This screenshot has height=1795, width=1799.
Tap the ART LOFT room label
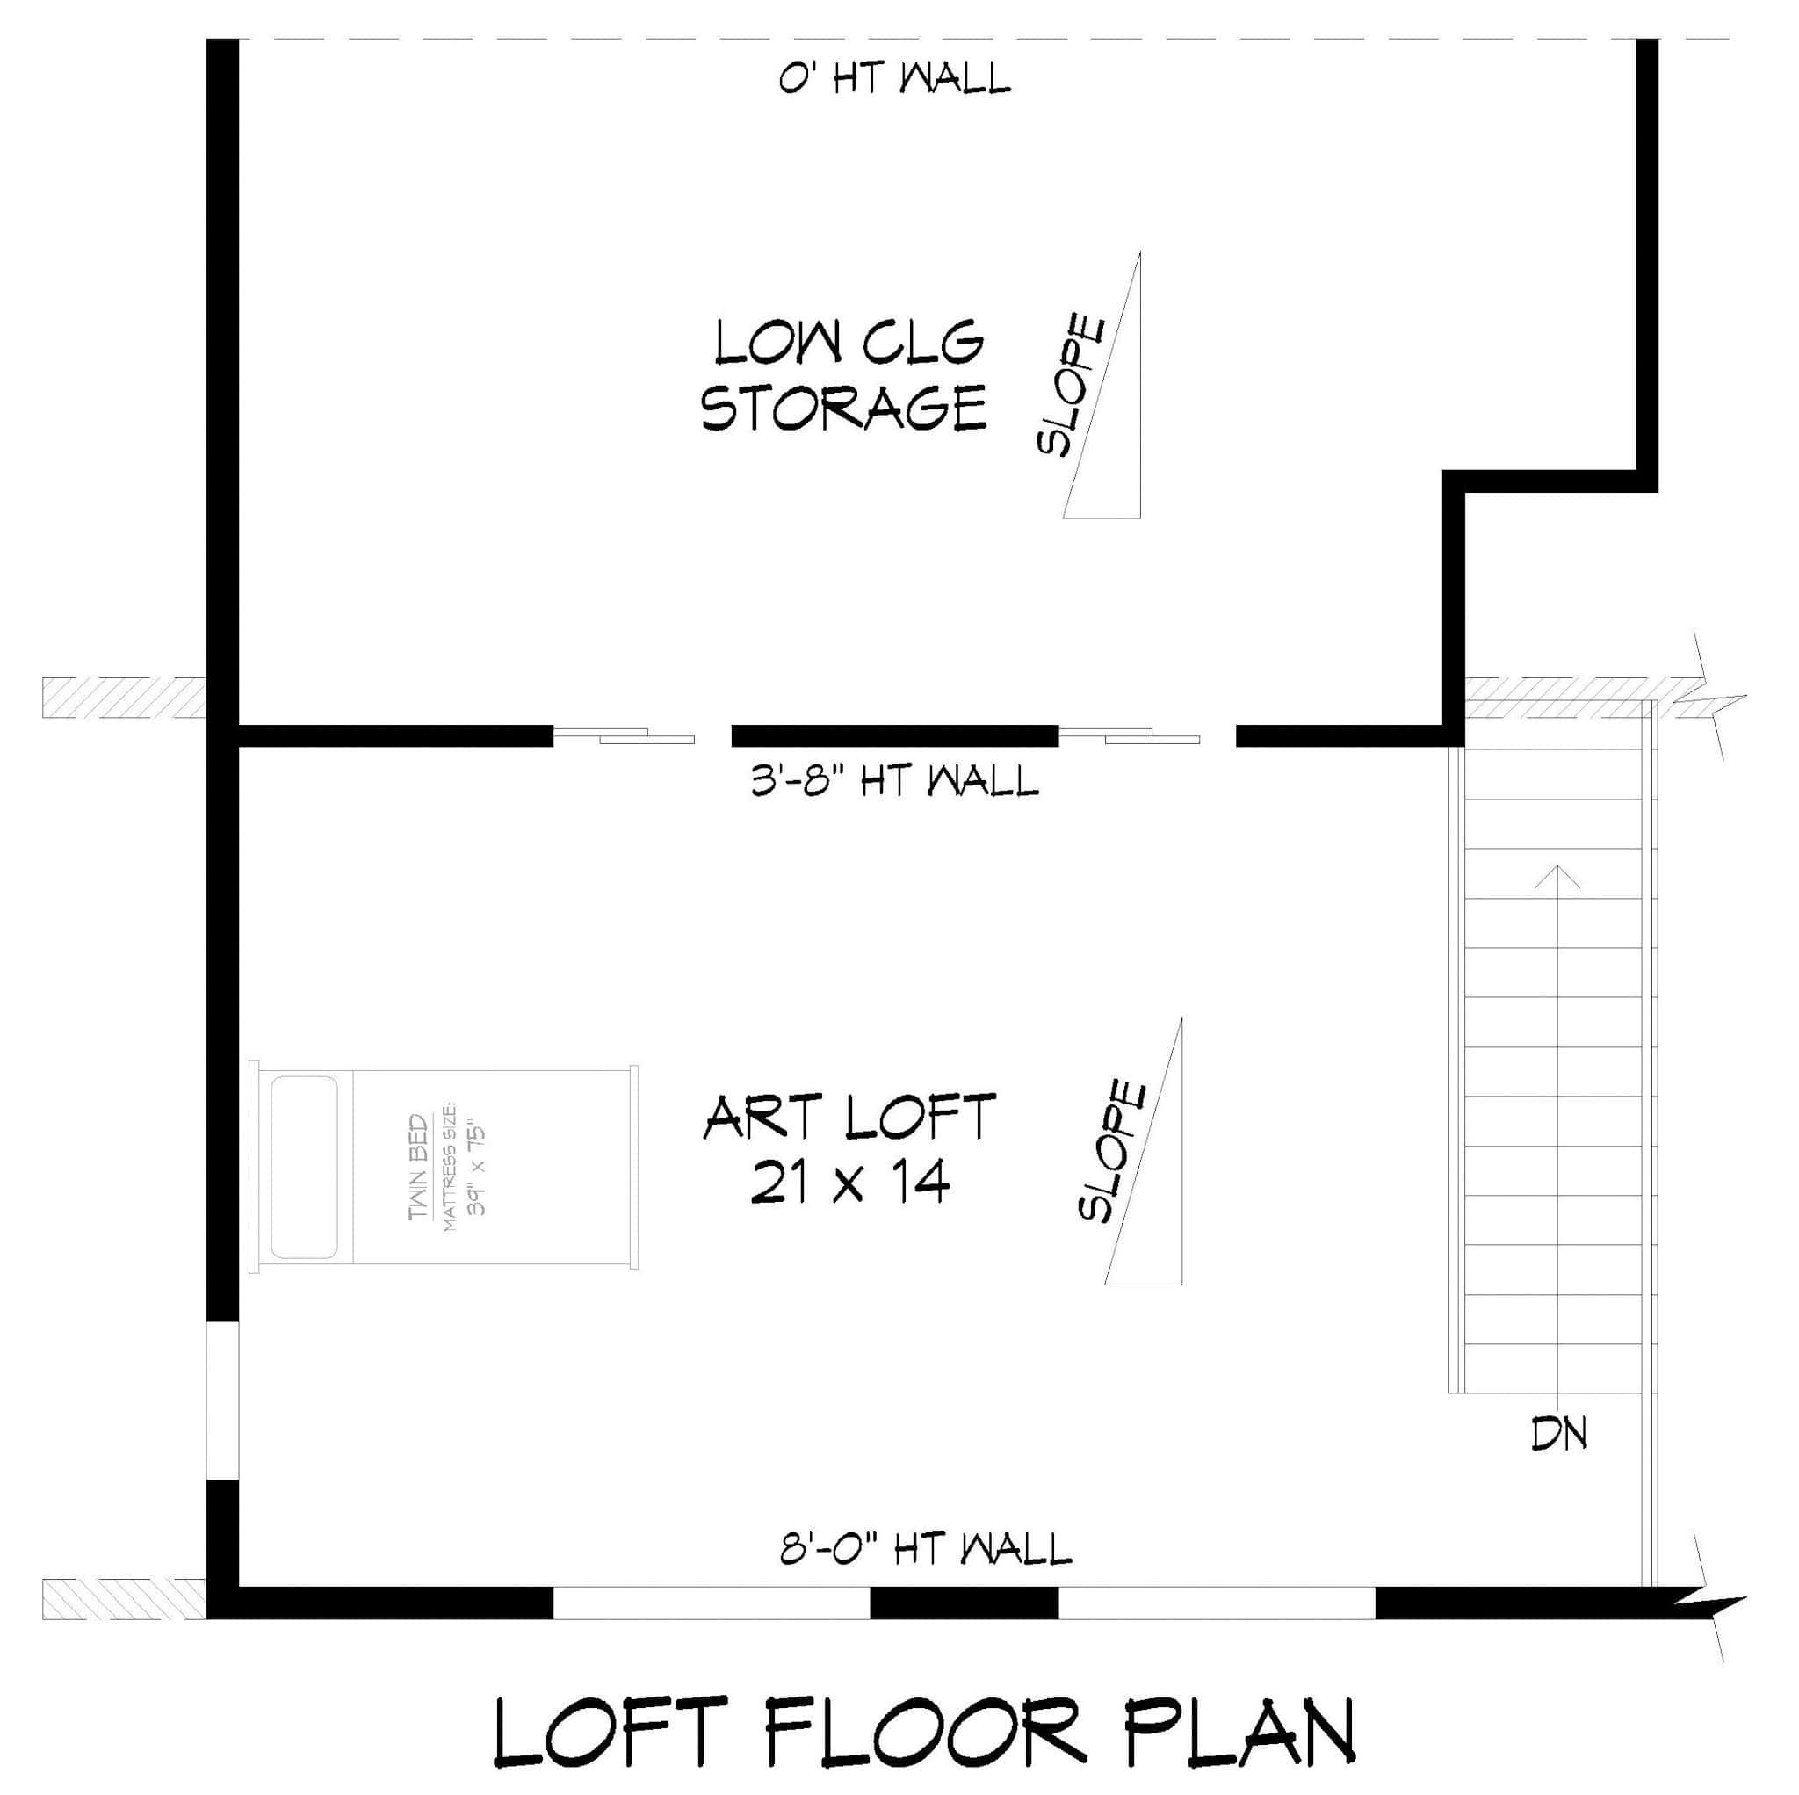(849, 1118)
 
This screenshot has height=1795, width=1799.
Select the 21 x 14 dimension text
(849, 1183)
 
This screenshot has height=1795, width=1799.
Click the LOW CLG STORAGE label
(843, 374)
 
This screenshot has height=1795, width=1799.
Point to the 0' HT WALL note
(894, 79)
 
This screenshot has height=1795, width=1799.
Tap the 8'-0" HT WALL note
(926, 1550)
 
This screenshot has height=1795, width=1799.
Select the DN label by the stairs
(1559, 1436)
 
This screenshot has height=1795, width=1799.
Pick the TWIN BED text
(419, 1166)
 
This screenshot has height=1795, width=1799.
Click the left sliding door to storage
(624, 737)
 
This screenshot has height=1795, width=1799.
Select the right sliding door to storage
(1130, 737)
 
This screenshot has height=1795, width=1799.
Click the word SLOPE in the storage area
(1072, 385)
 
